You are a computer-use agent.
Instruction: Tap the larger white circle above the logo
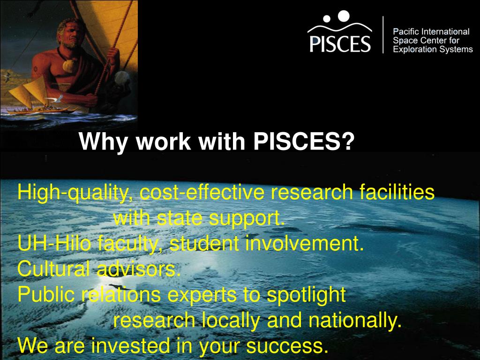pyautogui.click(x=344, y=16)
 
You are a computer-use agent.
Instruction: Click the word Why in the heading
pyautogui.click(x=97, y=141)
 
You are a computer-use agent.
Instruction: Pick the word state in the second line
pyautogui.click(x=181, y=218)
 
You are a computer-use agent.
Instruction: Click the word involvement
pyautogui.click(x=301, y=244)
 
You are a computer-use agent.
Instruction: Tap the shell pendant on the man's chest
pyautogui.click(x=68, y=65)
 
